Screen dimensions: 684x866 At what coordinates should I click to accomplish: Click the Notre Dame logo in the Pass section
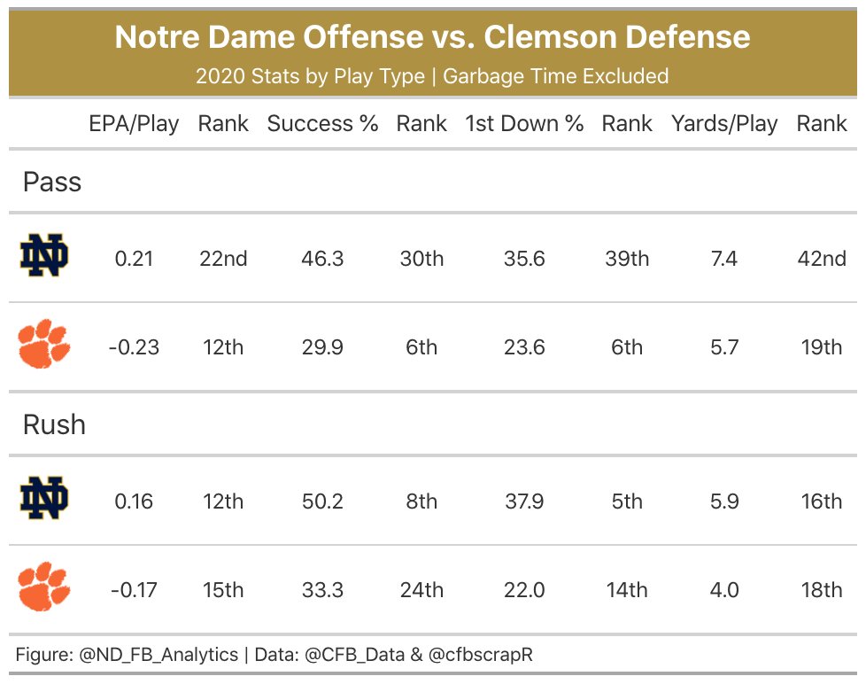point(44,258)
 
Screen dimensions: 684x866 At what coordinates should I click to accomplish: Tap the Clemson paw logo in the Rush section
point(44,587)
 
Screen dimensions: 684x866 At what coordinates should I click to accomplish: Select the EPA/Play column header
point(134,124)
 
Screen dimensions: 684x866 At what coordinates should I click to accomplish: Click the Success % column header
point(322,124)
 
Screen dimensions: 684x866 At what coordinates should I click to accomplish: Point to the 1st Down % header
point(524,124)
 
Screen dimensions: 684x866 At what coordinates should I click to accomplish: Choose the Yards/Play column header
point(724,124)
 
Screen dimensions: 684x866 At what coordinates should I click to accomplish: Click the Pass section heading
point(52,182)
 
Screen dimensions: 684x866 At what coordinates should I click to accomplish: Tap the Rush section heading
point(54,424)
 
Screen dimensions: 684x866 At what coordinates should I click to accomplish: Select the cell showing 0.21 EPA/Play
point(134,259)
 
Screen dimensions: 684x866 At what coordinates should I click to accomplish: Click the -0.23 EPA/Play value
point(134,347)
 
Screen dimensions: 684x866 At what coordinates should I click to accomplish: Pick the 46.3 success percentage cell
point(322,259)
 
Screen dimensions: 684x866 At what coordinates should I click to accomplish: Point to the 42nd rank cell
point(821,259)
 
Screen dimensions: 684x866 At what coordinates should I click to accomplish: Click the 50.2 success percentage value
point(322,501)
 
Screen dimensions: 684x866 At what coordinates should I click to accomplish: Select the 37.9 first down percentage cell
point(524,501)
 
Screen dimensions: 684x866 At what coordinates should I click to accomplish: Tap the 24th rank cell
point(421,589)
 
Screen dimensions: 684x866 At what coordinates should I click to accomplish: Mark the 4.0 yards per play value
point(724,589)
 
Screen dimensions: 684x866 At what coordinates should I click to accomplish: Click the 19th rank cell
point(821,347)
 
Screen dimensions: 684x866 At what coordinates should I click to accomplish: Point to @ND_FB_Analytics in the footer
point(159,655)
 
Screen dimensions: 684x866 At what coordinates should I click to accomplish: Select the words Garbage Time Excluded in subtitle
point(555,76)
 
